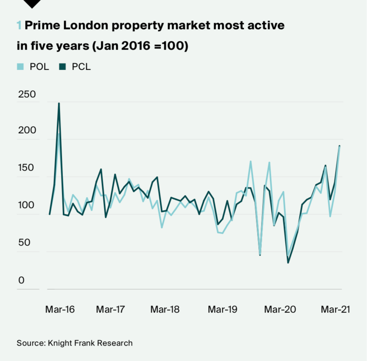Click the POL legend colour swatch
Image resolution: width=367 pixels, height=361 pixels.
[x=20, y=67]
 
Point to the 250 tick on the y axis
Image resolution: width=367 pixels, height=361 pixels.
[x=27, y=95]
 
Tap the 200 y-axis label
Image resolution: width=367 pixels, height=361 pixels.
[x=27, y=131]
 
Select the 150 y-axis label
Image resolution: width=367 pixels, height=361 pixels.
[x=27, y=169]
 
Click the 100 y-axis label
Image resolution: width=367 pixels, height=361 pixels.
[x=27, y=206]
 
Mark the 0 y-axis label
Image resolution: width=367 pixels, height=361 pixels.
[x=21, y=280]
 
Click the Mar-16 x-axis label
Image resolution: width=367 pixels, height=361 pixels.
[x=60, y=310]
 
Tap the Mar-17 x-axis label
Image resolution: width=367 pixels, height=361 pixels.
[x=110, y=310]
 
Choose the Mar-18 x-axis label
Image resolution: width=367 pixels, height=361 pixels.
[x=165, y=310]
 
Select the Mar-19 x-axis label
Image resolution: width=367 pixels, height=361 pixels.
[x=223, y=310]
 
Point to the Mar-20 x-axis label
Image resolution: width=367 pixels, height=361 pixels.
[x=280, y=310]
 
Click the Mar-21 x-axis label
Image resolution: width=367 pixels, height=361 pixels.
[x=335, y=310]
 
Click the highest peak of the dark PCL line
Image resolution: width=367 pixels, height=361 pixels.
[x=59, y=104]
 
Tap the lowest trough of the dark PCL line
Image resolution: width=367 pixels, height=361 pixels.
[x=288, y=262]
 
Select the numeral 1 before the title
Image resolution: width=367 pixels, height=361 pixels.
[x=19, y=26]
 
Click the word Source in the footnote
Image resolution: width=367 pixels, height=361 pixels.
[x=30, y=343]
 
